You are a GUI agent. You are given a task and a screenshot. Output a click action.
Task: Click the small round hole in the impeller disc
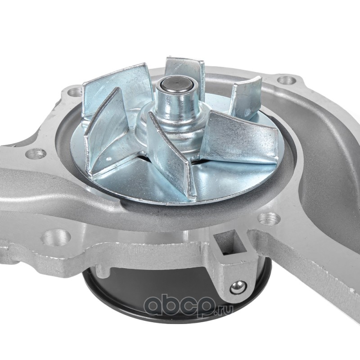(109, 159)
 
